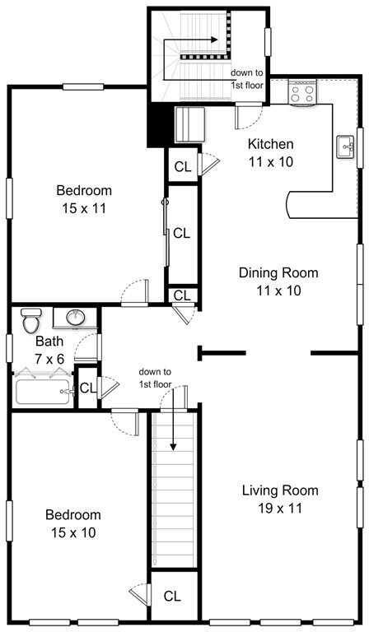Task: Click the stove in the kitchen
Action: click(302, 92)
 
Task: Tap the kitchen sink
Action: click(345, 147)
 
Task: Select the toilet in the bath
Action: click(31, 320)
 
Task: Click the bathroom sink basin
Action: click(76, 318)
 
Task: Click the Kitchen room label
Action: click(270, 143)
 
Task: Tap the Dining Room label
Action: click(278, 272)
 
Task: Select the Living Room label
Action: click(280, 490)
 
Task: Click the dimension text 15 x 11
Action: click(84, 208)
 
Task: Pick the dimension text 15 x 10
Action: click(73, 532)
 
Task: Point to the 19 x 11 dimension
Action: click(280, 509)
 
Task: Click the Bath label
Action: click(49, 341)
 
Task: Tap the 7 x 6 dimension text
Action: click(49, 358)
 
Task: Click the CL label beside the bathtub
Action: click(88, 388)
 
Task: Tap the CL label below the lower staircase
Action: click(172, 596)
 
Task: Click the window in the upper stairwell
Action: click(269, 41)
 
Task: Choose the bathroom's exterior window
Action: click(9, 348)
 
